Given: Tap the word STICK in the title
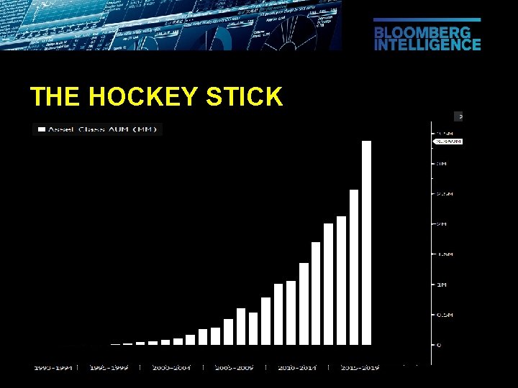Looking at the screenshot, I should coord(244,97).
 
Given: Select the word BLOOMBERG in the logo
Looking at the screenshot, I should coord(422,33).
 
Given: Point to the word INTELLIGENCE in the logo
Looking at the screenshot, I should coord(427,45).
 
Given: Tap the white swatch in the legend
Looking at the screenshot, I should coord(42,129).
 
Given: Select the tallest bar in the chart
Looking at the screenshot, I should coord(366,243).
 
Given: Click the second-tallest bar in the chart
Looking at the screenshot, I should coord(354,267).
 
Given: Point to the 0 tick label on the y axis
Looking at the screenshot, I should coord(440,346).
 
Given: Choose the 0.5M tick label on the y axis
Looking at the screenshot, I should coord(444,315).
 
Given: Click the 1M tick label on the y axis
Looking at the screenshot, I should coord(442,285).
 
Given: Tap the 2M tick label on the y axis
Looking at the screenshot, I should coord(442,224).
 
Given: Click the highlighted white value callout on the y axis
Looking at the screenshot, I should coord(447,142).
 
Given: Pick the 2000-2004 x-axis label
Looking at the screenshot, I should coord(171,367).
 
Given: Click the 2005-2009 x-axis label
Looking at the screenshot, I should coord(234,367).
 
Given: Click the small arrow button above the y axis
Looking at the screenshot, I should coord(459,115).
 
